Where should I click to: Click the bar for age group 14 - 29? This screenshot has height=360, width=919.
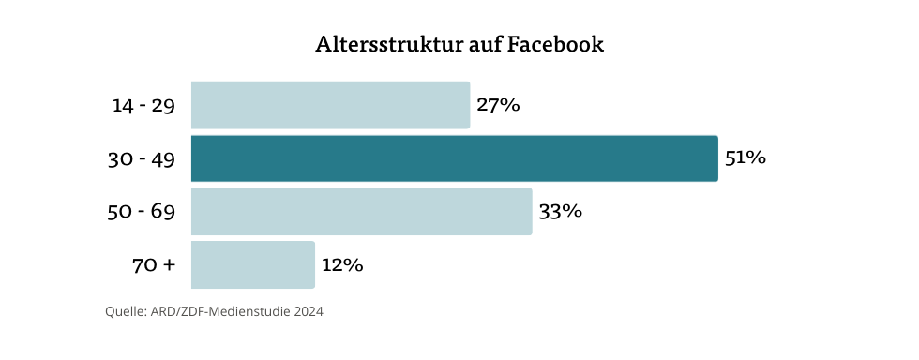[x=330, y=105]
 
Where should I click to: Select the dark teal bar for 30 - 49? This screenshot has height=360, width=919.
[x=454, y=158]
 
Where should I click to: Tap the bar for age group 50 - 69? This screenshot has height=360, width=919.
[x=361, y=212]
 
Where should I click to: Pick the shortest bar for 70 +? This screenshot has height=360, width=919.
[x=252, y=265]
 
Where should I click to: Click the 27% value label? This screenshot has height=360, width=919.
[x=498, y=105]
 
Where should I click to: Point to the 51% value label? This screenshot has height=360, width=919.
[x=746, y=158]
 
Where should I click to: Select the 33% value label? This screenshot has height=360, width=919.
[x=560, y=212]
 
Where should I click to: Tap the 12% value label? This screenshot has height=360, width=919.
[x=341, y=265]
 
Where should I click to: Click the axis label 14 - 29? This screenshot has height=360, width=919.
[x=143, y=106]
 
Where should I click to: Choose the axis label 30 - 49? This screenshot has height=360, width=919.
[x=142, y=159]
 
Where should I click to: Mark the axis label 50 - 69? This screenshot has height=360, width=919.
[x=142, y=212]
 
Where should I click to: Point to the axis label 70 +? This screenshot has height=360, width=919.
[x=154, y=265]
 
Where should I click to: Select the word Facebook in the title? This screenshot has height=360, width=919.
[x=555, y=44]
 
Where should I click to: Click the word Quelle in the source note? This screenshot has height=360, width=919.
[x=125, y=312]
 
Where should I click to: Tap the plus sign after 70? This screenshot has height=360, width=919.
[x=169, y=266]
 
